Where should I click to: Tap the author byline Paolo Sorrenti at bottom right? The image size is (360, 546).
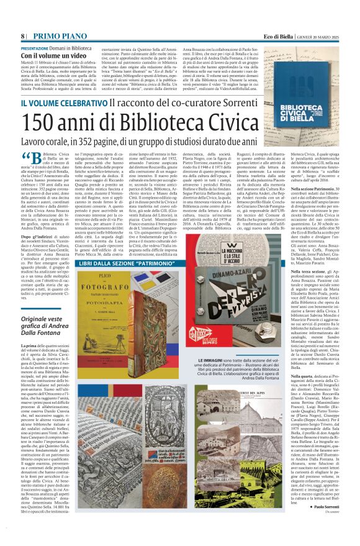325,523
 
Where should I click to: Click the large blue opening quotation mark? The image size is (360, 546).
25,157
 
